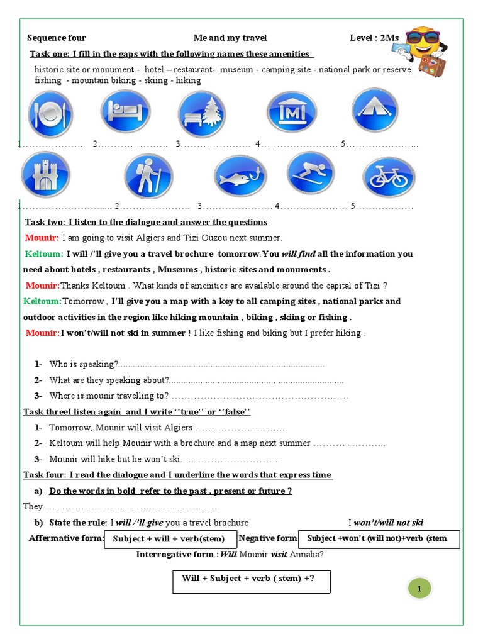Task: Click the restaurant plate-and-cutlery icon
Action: click(x=50, y=114)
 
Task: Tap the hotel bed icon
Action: click(x=125, y=111)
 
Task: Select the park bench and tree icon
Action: click(x=201, y=114)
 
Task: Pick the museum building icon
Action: click(x=291, y=113)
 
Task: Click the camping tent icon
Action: click(x=375, y=110)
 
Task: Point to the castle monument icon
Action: click(x=45, y=175)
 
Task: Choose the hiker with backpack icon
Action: click(x=148, y=176)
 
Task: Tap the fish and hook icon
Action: click(x=240, y=177)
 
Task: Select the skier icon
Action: click(x=311, y=174)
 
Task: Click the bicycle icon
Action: click(x=389, y=177)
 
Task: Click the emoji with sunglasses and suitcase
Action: click(x=425, y=51)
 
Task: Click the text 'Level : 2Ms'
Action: click(x=374, y=38)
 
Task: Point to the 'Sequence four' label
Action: click(x=56, y=38)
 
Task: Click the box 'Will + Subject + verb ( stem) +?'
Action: click(x=252, y=582)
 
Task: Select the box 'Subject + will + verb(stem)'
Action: click(x=169, y=539)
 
